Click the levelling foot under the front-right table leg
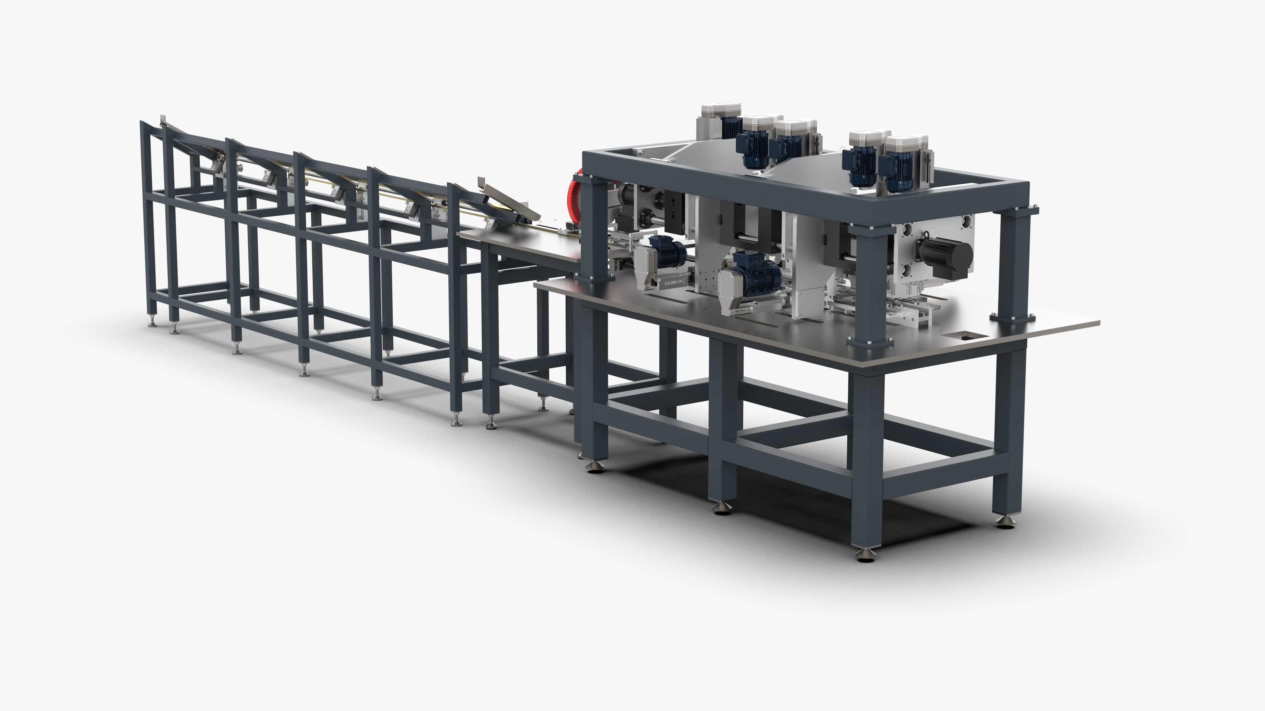[865, 554]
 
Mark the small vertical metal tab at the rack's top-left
[162, 121]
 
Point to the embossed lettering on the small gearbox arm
[672, 283]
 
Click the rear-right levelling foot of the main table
[1005, 522]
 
